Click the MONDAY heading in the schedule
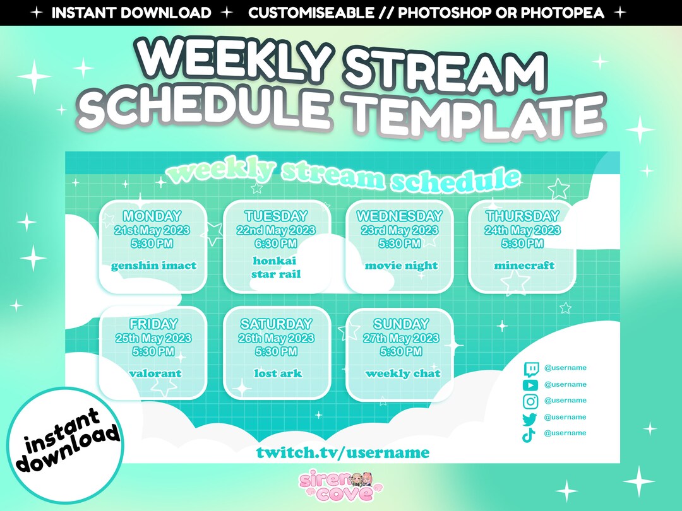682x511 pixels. point(152,216)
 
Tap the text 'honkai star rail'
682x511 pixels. point(275,267)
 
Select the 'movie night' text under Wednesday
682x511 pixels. point(401,266)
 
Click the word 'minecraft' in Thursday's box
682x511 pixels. point(524,266)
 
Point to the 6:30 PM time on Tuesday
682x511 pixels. point(275,244)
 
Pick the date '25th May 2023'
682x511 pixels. point(153,339)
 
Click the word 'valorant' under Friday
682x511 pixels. point(155,373)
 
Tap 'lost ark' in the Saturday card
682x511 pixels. point(278,373)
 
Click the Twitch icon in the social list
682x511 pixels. point(530,368)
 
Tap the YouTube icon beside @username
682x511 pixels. point(530,385)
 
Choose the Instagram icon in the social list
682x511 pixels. point(530,401)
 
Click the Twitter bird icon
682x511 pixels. point(530,418)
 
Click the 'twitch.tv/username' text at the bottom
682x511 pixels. point(343,452)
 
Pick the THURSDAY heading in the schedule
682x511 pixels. point(522,216)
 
